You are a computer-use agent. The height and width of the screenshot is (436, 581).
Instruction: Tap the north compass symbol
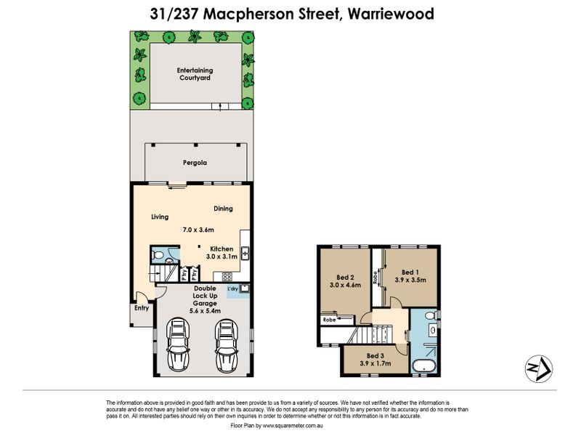click(x=539, y=369)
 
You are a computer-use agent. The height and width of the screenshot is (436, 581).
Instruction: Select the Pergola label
click(x=195, y=163)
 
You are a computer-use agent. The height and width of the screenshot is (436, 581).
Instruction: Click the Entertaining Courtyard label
click(x=195, y=74)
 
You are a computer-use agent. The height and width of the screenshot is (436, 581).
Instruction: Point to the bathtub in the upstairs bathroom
click(x=424, y=366)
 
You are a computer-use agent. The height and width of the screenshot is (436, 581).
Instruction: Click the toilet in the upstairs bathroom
click(x=431, y=316)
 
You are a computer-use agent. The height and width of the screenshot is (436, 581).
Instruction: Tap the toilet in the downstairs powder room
click(x=157, y=255)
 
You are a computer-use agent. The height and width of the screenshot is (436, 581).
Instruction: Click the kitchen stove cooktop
click(x=227, y=277)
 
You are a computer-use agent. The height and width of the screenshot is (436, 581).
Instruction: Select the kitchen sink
click(x=245, y=253)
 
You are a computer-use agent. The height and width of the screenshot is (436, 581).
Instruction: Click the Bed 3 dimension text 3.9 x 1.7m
click(x=375, y=363)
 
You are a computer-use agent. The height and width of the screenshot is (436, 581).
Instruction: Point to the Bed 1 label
click(x=410, y=272)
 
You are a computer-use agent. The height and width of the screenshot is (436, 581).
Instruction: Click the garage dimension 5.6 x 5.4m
click(x=205, y=311)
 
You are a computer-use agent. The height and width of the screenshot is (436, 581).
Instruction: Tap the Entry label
click(x=142, y=307)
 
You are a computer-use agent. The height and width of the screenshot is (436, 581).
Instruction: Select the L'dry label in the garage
click(x=232, y=288)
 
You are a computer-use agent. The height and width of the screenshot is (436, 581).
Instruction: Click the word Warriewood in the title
click(x=391, y=14)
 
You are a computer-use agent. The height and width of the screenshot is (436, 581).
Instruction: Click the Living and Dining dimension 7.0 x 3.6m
click(x=198, y=230)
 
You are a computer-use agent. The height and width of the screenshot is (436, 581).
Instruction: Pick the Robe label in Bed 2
click(x=329, y=320)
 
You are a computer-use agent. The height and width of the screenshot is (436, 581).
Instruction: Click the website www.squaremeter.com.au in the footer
click(x=293, y=426)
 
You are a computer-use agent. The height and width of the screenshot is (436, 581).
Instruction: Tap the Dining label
click(x=223, y=209)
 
